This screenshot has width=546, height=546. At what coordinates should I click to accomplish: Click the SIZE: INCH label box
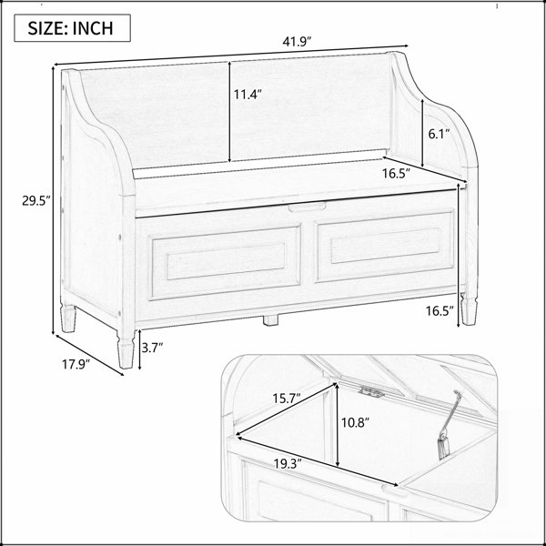pos(73,28)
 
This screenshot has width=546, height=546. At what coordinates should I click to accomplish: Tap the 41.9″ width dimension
pos(297,42)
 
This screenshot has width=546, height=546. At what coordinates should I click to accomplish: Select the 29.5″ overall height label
pos(36,201)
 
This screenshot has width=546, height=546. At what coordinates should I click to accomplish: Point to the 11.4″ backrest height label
pos(248,95)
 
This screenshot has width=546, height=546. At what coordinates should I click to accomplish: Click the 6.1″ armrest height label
pos(440,134)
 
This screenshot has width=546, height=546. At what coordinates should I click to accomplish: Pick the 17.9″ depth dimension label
pos(76,365)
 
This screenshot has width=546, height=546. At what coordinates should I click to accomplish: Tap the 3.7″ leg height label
pos(153,348)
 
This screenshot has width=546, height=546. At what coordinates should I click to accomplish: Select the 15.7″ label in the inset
pos(287,398)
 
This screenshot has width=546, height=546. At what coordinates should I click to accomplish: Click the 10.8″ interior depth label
pos(355,423)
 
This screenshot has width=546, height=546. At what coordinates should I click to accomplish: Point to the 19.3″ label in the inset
pos(288,464)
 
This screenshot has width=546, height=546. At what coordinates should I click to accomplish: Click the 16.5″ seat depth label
pos(397,173)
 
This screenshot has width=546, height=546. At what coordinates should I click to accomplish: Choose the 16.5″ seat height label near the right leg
pos(440,311)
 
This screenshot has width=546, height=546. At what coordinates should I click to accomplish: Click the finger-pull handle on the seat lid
pos(308,207)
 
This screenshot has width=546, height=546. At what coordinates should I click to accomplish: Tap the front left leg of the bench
pos(126,349)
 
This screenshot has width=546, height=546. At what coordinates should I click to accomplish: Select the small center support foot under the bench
pos(270,320)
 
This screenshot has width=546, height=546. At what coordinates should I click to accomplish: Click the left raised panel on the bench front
pos(226,262)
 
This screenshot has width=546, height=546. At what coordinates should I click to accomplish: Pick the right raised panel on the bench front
pos(385,246)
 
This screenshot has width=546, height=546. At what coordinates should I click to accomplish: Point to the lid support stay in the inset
pos(449,424)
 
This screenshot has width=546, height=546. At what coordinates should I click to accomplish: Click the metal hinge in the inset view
pos(372,391)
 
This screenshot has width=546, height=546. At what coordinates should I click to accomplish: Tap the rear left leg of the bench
pos(68,318)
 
